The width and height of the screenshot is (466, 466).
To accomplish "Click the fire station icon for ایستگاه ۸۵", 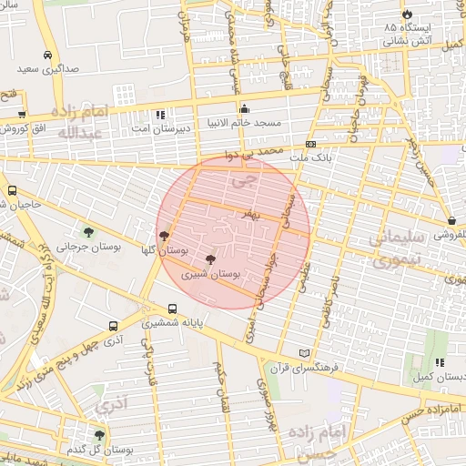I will pyautogui.click(x=406, y=15).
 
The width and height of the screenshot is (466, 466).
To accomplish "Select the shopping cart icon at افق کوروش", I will pyautogui.click(x=21, y=116).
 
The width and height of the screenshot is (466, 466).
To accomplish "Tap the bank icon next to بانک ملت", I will pyautogui.click(x=310, y=144).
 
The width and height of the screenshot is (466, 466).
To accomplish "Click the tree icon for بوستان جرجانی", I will pyautogui.click(x=88, y=231).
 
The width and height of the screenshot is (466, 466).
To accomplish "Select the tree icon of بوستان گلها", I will pyautogui.click(x=164, y=235).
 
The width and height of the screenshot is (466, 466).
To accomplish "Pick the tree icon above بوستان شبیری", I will pyautogui.click(x=211, y=259).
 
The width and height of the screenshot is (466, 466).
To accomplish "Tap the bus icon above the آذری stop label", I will pyautogui.click(x=113, y=326).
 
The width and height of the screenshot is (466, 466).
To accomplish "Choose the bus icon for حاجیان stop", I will pyautogui.click(x=12, y=191).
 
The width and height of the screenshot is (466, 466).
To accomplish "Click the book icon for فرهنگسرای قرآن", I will pyautogui.click(x=303, y=353).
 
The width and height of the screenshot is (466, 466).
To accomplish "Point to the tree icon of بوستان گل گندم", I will pyautogui.click(x=99, y=435).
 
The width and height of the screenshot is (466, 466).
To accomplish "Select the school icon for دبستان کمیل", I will pyautogui.click(x=440, y=362).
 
